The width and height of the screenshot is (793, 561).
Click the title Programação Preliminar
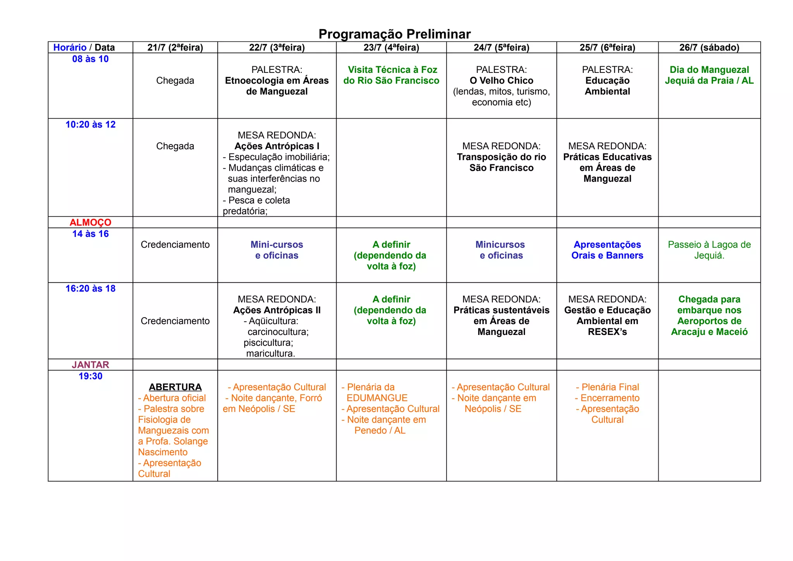click(395, 34)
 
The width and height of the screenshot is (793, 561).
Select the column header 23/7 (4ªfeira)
click(391, 47)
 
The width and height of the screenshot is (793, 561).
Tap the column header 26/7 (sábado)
click(709, 47)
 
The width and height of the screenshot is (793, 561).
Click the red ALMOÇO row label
click(90, 222)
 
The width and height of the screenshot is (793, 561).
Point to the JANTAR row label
click(90, 365)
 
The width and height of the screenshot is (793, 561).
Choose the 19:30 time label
click(90, 376)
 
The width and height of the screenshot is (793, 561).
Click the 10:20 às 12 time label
click(90, 124)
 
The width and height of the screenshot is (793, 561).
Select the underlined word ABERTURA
click(175, 387)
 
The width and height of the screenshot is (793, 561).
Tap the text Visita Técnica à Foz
click(392, 70)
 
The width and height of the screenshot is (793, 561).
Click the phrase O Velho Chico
click(501, 81)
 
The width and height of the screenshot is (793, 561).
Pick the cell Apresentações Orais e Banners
click(607, 250)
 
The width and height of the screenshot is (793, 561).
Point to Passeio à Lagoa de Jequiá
click(709, 250)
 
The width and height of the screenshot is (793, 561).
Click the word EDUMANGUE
click(377, 398)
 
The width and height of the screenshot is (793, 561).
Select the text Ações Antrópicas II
click(276, 310)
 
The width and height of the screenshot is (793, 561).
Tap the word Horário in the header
click(70, 47)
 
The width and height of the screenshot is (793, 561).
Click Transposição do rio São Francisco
click(501, 162)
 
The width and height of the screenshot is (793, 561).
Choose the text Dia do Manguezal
click(709, 70)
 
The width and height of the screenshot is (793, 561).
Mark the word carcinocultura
click(278, 332)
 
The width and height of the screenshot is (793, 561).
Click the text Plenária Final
click(610, 387)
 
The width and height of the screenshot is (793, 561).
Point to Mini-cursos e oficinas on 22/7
click(276, 250)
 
